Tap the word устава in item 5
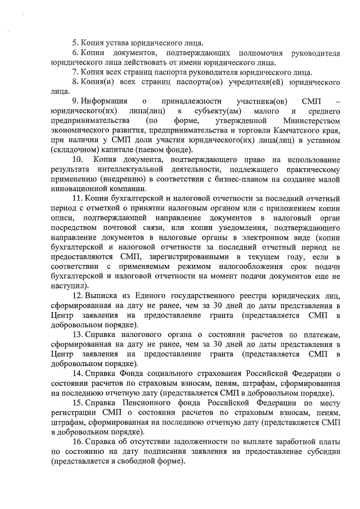tap(117, 43)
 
